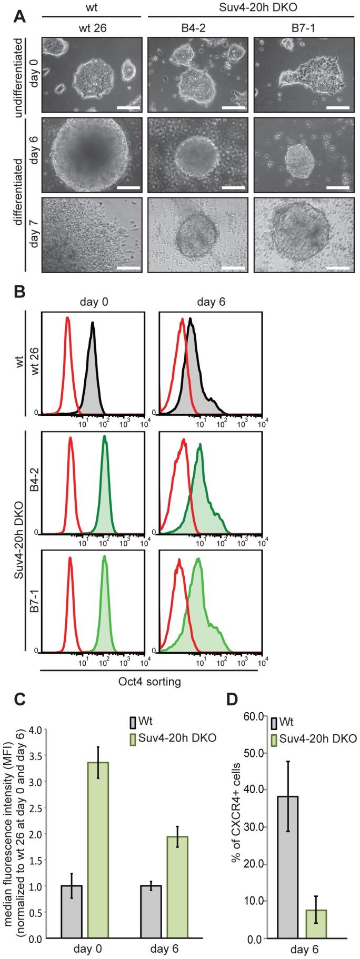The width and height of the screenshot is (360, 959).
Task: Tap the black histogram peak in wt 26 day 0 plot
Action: [93, 325]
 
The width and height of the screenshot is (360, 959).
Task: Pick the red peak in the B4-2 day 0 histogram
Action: [71, 439]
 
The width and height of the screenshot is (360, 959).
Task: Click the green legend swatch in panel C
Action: [133, 738]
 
